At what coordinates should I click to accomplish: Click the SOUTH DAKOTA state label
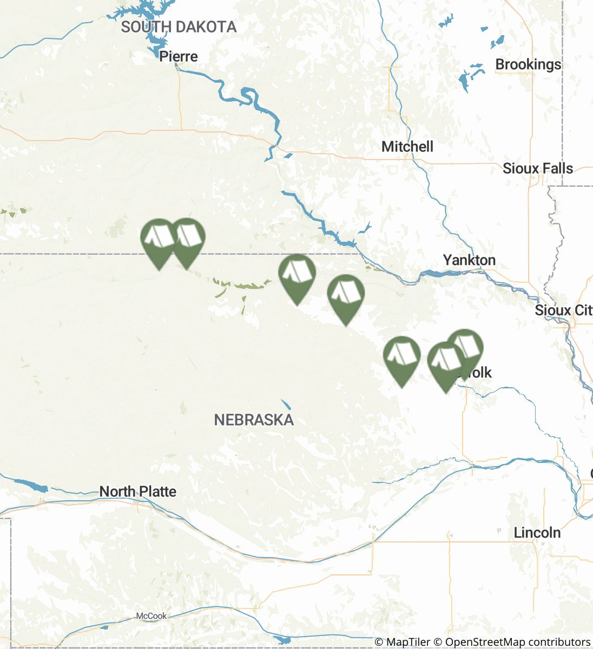(179, 27)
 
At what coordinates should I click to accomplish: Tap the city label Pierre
(179, 56)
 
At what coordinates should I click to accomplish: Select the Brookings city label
(528, 64)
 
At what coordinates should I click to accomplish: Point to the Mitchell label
(407, 147)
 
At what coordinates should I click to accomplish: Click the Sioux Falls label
(538, 168)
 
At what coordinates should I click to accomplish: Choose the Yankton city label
(469, 260)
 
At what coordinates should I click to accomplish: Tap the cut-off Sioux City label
(563, 310)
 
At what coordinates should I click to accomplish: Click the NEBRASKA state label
(254, 420)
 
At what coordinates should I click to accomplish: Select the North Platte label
(138, 492)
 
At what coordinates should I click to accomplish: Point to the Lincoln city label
(537, 533)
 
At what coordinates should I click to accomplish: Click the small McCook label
(151, 616)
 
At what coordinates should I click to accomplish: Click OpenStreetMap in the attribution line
(485, 642)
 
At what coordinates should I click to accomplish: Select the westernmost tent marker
(159, 239)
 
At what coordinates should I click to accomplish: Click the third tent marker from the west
(297, 274)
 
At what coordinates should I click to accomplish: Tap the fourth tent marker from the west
(346, 294)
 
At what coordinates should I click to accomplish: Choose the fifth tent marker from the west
(401, 356)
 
